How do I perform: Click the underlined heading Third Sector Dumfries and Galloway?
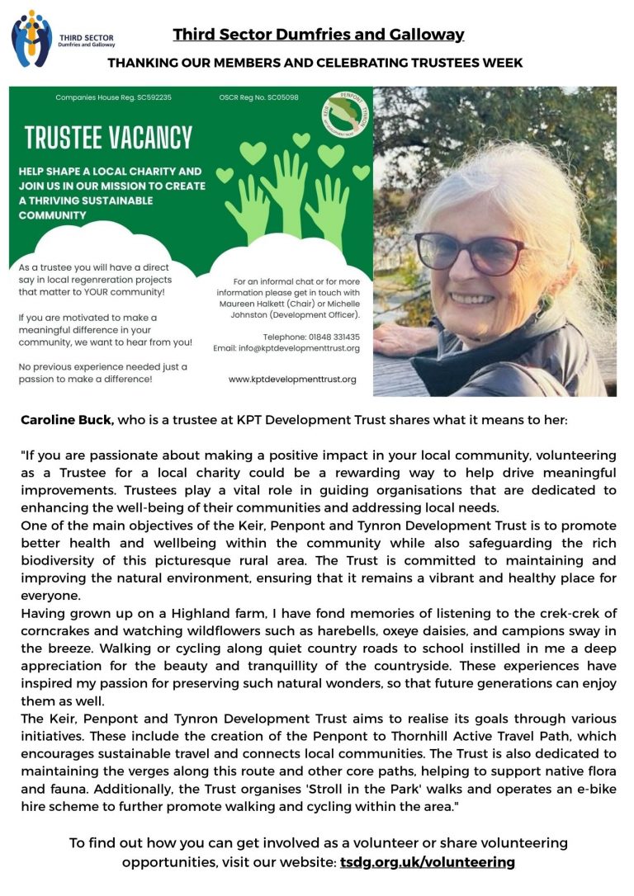tap(318, 35)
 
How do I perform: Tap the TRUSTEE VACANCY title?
tap(107, 137)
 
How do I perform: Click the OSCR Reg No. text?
tap(259, 97)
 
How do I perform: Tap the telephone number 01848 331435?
tap(334, 337)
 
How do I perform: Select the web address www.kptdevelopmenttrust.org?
tap(292, 379)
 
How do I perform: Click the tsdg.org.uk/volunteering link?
tap(427, 861)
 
